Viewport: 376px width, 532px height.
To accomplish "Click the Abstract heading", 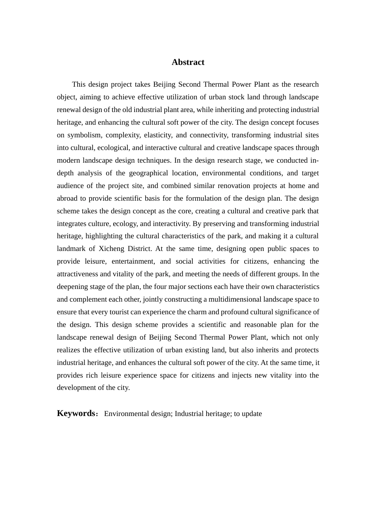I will tap(188, 62).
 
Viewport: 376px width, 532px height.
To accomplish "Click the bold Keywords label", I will tap(76, 413).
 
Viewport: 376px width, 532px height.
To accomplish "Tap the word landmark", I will tap(71, 249).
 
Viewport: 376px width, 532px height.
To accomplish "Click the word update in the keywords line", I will tap(252, 414).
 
